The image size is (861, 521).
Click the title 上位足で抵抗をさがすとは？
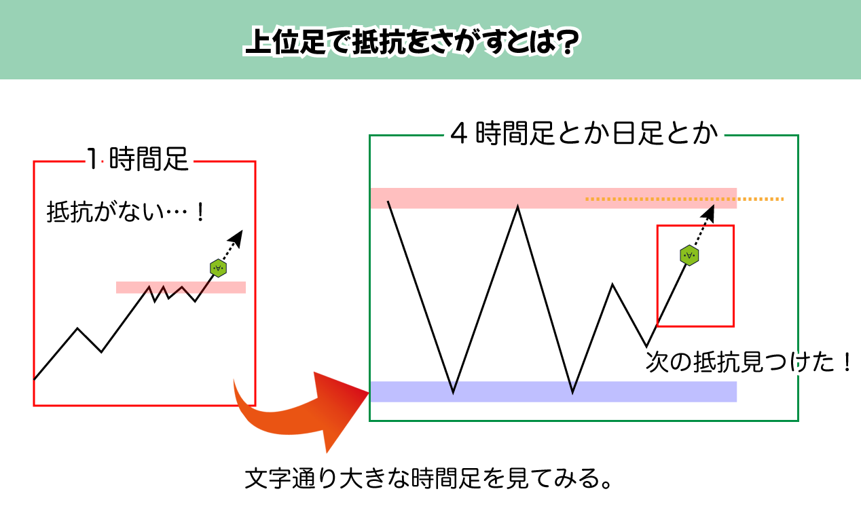412,41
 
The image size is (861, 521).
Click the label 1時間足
137,159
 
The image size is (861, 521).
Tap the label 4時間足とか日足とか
584,133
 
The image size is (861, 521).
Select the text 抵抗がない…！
126,212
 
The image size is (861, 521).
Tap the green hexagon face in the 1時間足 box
219,268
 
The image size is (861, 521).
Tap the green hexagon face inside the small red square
689,255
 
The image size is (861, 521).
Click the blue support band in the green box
553,391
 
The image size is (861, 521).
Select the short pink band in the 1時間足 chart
181,287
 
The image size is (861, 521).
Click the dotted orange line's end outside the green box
783,199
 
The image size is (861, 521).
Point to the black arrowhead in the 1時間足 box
236,239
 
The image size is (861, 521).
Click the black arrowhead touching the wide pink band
708,214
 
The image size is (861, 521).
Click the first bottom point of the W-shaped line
453,393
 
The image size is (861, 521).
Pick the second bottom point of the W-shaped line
572,393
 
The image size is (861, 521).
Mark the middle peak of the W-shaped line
517,207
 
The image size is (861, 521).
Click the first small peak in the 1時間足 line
77,328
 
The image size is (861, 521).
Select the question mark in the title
568,41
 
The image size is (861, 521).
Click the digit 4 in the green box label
459,134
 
